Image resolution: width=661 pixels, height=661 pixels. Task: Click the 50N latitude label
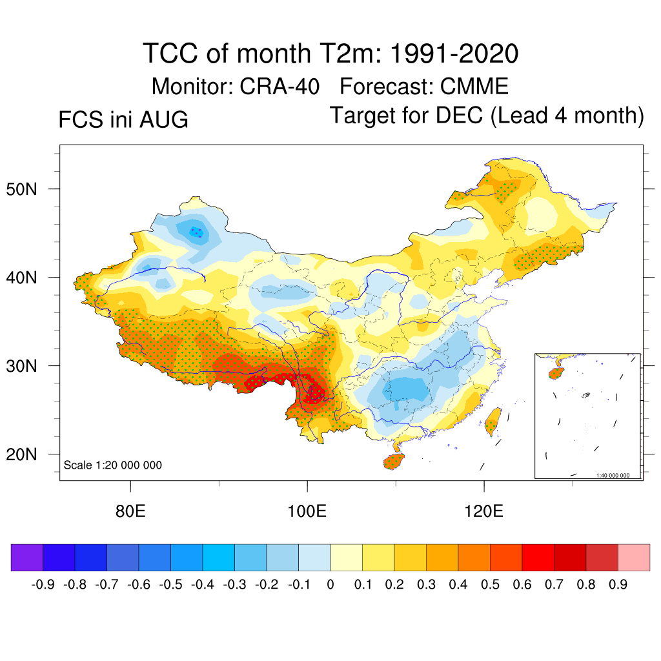pyautogui.click(x=21, y=189)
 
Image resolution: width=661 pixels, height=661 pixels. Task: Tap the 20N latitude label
pyautogui.click(x=21, y=454)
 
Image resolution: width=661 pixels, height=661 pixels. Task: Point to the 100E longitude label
pyautogui.click(x=307, y=511)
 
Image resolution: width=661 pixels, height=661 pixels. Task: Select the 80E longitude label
pyautogui.click(x=130, y=511)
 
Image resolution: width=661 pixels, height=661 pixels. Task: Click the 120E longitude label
pyautogui.click(x=483, y=511)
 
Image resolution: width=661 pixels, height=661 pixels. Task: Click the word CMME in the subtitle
pyautogui.click(x=474, y=87)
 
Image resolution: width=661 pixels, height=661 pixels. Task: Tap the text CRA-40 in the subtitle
pyautogui.click(x=280, y=87)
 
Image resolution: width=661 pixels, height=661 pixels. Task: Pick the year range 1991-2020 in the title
pyautogui.click(x=454, y=54)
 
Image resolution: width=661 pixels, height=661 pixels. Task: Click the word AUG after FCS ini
pyautogui.click(x=163, y=119)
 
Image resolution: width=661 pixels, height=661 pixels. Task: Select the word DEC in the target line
pyautogui.click(x=459, y=115)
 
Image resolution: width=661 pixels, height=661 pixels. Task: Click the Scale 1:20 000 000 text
pyautogui.click(x=112, y=465)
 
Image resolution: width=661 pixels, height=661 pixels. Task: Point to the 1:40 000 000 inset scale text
pyautogui.click(x=613, y=475)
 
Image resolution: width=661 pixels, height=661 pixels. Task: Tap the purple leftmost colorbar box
pyautogui.click(x=27, y=557)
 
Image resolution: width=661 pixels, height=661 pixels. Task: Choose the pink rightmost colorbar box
pyautogui.click(x=634, y=557)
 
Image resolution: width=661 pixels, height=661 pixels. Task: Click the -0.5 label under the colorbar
pyautogui.click(x=170, y=585)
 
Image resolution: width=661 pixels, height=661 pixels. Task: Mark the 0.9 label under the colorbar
pyautogui.click(x=618, y=585)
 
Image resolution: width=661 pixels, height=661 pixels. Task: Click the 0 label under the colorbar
pyautogui.click(x=330, y=585)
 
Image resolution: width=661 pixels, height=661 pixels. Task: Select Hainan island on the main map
pyautogui.click(x=394, y=461)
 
